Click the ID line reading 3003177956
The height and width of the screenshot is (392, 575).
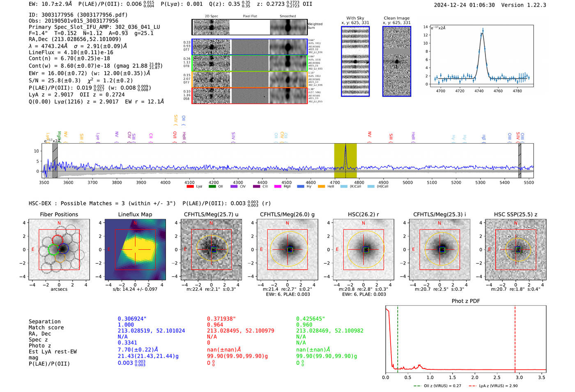78,15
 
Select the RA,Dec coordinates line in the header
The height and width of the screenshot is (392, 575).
75,39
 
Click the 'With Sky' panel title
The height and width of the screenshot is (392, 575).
355,18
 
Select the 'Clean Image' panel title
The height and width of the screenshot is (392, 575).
396,18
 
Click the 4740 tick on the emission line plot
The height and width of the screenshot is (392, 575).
479,91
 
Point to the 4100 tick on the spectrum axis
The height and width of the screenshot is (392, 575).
189,182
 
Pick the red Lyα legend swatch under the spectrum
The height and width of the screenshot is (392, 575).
190,187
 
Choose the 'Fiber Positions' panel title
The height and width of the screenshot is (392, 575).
59,214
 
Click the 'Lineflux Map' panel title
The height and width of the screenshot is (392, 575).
135,214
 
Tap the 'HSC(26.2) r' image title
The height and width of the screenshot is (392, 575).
363,214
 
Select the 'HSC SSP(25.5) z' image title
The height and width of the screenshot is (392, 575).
515,214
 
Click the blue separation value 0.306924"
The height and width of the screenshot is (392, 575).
132,319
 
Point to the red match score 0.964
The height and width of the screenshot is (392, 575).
216,325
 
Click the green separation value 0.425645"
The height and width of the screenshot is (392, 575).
310,319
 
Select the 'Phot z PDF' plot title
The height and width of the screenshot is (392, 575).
466,301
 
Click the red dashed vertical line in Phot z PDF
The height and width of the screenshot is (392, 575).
515,337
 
